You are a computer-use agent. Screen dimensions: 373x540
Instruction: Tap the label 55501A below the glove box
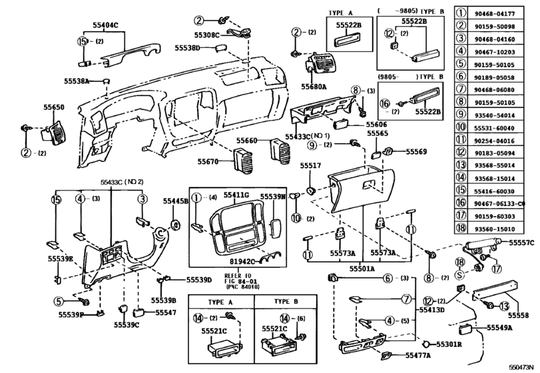pyautogui.click(x=362, y=268)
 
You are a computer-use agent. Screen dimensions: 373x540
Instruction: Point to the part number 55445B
pyautogui.click(x=176, y=200)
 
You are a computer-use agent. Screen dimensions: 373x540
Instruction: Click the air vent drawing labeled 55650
pyautogui.click(x=53, y=130)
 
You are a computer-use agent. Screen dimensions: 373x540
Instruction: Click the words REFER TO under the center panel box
pyautogui.click(x=218, y=274)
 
